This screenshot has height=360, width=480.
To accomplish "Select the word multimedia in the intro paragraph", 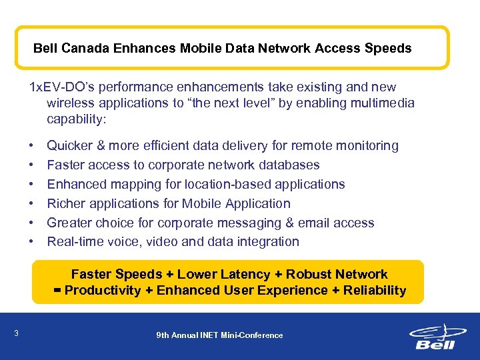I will pos(380,103).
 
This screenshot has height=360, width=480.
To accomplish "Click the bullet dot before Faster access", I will pos(32,165).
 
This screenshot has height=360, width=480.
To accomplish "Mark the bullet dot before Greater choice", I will pos(32,223).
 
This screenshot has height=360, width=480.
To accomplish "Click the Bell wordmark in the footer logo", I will pos(435,344).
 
